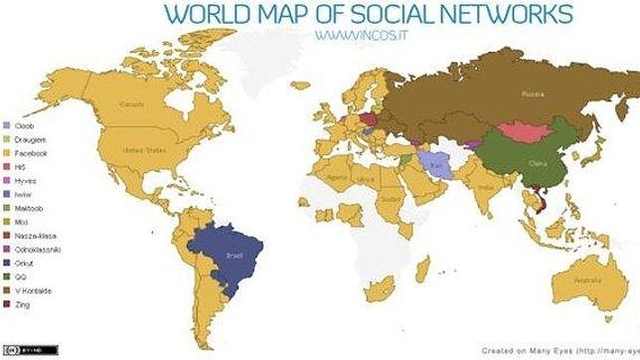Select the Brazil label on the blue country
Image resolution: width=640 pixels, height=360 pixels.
(x=235, y=255)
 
